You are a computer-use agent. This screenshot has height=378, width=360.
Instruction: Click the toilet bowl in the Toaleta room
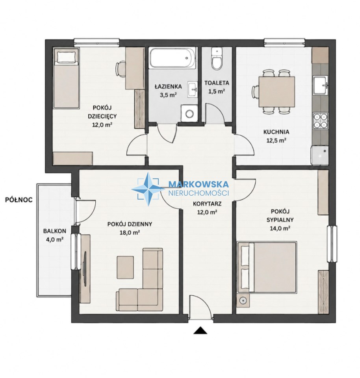(216, 59)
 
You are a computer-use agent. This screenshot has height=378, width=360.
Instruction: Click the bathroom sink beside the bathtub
(192, 90)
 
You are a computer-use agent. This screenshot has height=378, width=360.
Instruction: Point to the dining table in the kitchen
(276, 92)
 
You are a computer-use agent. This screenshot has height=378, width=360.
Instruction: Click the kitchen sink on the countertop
(321, 85)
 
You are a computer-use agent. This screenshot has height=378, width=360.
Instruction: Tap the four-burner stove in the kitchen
(321, 120)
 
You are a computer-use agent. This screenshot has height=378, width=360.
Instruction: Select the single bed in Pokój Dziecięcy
(66, 78)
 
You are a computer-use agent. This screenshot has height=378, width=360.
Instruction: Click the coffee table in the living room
(125, 267)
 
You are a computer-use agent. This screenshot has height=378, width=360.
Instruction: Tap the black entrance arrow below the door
(200, 330)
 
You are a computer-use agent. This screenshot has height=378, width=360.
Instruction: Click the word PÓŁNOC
(19, 200)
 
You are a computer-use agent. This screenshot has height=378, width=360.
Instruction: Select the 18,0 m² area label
(130, 232)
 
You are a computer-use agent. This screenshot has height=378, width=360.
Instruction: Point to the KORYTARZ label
(207, 204)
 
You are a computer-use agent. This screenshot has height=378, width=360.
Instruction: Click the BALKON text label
(54, 231)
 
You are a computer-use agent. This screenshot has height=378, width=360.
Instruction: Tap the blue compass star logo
(148, 189)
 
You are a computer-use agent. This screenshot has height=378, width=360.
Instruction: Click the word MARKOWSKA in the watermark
(199, 184)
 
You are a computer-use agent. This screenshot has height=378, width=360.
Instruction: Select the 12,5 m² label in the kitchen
(276, 140)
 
